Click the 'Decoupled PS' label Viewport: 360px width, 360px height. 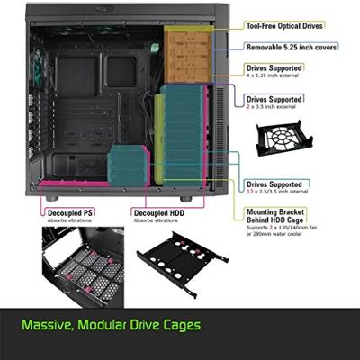point(69,213)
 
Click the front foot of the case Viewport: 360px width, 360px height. point(185,198)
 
